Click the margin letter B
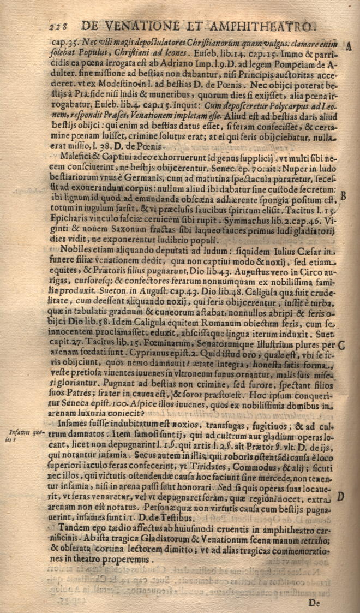click(344, 195)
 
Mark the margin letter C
click(341, 345)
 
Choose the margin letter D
click(340, 496)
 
